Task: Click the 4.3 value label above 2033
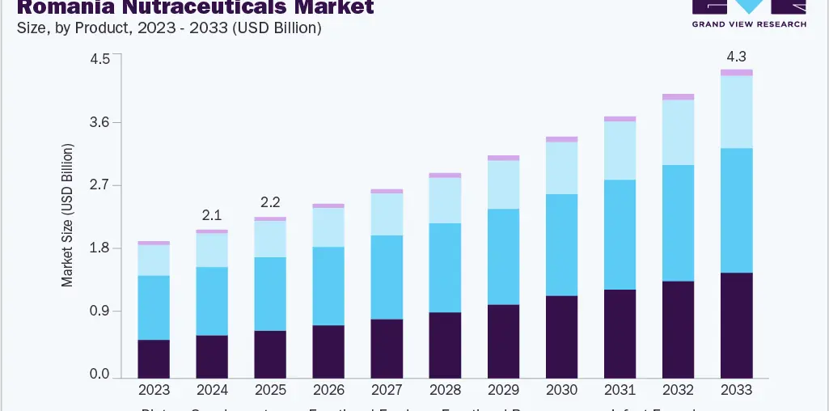[x=736, y=57]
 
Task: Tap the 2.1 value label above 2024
[x=212, y=215]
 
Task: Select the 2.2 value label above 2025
[x=270, y=202]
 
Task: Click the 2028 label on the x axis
[x=445, y=390]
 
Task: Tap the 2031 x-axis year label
[x=620, y=390]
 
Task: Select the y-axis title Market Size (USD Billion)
[x=68, y=215]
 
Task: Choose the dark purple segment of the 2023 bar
[x=154, y=358]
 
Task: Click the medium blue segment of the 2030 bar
[x=561, y=245]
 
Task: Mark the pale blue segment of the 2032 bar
[x=678, y=132]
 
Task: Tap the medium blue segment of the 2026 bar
[x=328, y=286]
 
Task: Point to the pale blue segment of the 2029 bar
[x=503, y=184]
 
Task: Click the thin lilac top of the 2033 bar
[x=736, y=73]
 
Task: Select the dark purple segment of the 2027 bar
[x=387, y=349]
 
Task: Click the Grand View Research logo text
[x=749, y=24]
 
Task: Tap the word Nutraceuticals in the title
[x=201, y=8]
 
